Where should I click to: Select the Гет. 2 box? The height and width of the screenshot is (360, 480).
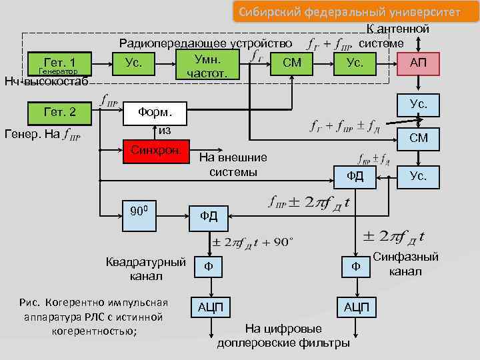(59, 113)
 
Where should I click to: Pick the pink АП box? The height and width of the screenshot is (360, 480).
(418, 63)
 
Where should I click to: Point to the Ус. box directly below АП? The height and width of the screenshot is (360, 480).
(418, 105)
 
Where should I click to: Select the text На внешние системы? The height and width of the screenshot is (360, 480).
(233, 165)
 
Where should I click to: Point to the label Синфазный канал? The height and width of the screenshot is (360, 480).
(405, 264)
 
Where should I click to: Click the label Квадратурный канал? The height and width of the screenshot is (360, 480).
(146, 269)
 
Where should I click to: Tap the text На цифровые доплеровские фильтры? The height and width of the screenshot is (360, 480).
(283, 336)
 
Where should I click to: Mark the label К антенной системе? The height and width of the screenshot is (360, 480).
(393, 36)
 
